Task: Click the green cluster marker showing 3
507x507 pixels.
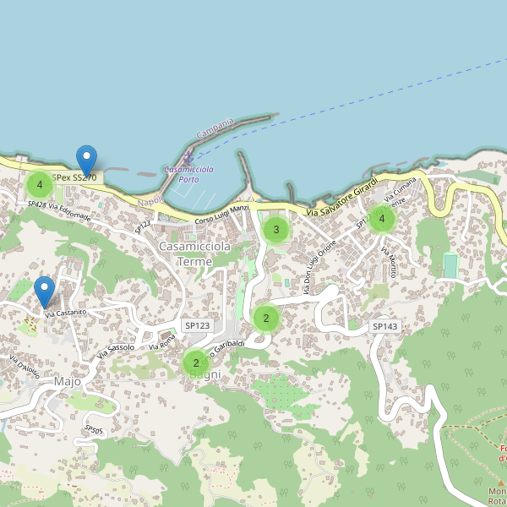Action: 275,229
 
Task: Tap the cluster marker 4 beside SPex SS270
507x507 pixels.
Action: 39,184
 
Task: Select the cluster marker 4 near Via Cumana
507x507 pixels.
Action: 381,219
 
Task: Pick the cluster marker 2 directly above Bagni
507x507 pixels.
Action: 195,363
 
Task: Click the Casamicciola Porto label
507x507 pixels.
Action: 188,174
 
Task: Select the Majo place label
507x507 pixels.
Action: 67,381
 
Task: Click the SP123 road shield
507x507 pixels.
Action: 197,325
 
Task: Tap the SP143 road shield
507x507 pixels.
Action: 384,326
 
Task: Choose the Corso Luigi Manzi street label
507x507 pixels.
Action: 222,215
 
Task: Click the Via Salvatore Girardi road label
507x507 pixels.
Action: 346,200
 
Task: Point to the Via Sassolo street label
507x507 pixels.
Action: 116,349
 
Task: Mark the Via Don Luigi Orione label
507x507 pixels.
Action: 320,267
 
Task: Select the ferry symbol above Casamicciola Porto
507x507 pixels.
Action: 188,158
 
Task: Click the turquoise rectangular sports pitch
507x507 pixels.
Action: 450,266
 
